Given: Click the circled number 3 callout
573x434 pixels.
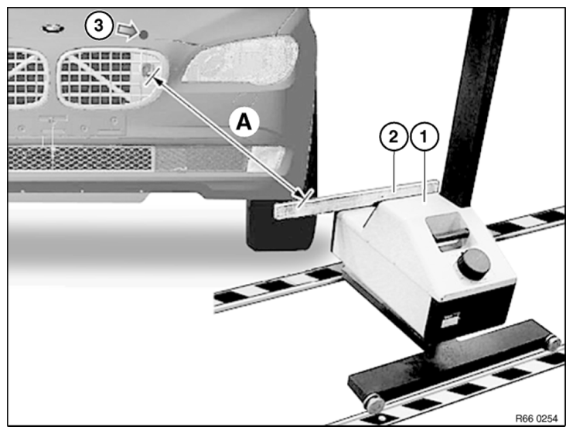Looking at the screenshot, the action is pos(99,26).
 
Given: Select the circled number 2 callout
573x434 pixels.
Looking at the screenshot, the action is pos(393,137).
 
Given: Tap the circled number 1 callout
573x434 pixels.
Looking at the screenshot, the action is pos(425,137).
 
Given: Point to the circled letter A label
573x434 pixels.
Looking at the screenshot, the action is pos(244,121).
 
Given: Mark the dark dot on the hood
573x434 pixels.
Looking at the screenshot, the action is pos(144,35).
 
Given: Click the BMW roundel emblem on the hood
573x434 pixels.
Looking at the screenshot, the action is pos(53,28).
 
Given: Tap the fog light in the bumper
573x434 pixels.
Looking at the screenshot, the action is pos(266,159).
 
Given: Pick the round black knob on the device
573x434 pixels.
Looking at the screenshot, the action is pos(473,264).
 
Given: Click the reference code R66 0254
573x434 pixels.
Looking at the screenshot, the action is pos(537,419).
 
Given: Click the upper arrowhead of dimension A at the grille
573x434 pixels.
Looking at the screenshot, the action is pos(159,78).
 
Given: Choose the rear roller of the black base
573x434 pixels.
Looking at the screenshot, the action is pos(554,343).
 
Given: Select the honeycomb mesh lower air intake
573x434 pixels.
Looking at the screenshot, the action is pos(80,158).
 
